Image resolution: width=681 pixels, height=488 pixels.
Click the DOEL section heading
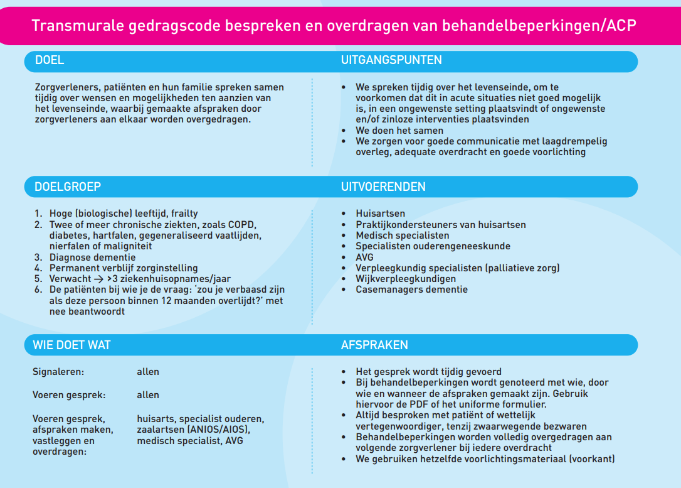click(x=50, y=61)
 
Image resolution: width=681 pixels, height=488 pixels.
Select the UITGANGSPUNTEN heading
click(x=391, y=61)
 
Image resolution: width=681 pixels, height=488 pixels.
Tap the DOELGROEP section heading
click(x=68, y=187)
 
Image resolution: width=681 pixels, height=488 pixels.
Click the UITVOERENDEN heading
click(x=383, y=187)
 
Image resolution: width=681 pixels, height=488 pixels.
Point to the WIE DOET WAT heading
click(x=71, y=345)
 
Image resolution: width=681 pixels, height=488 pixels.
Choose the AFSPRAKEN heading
click(x=374, y=345)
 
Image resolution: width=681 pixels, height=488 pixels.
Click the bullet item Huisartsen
click(x=380, y=214)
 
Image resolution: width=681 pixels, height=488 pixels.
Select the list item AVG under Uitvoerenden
click(x=364, y=257)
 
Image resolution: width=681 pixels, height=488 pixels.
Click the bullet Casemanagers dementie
click(x=411, y=290)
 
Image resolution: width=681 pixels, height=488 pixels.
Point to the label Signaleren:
click(x=58, y=372)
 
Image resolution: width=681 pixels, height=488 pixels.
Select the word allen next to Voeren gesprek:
click(x=148, y=395)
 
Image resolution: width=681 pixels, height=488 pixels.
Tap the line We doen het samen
click(x=398, y=131)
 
